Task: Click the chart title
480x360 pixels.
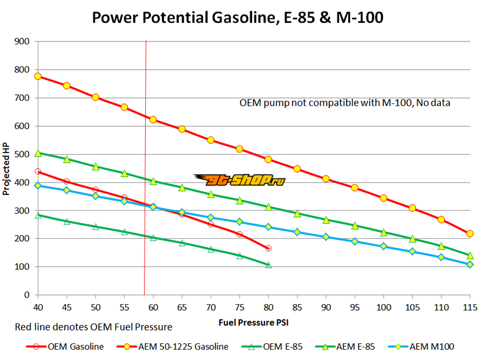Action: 237,18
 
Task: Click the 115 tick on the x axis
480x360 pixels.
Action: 470,307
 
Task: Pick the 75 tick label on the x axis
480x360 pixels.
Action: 239,307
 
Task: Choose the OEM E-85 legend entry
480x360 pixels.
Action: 273,346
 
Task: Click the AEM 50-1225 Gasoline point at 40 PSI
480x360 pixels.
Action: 38,76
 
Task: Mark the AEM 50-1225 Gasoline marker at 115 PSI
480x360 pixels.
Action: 470,233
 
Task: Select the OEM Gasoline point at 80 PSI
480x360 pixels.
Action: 268,248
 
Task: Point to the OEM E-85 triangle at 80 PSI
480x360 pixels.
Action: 268,265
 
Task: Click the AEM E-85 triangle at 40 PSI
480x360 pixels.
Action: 38,153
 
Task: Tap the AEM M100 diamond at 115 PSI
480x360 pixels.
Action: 470,265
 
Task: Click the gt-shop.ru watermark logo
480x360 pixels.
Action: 239,179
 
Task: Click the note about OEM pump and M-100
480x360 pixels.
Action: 344,103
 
